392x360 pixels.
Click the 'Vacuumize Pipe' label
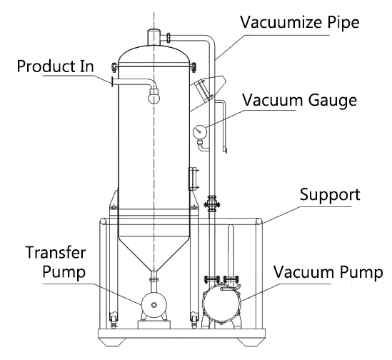coord(300,22)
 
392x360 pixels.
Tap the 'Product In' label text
coord(55,66)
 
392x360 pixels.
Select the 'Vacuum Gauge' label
coord(299,101)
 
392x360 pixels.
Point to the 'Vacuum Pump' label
coord(328,272)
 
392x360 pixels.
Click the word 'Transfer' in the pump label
coord(56,252)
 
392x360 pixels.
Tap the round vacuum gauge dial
coord(200,131)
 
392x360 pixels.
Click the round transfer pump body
coord(154,304)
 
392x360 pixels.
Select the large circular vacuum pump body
coord(221,303)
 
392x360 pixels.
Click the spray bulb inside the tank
coord(154,96)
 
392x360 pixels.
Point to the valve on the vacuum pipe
coord(212,204)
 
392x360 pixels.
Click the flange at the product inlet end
coord(113,81)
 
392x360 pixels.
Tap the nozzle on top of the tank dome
coord(154,37)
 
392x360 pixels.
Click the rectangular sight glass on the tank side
coord(192,179)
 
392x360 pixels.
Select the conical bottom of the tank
coord(154,253)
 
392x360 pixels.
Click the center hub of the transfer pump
coord(154,305)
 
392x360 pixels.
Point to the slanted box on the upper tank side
coord(208,88)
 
